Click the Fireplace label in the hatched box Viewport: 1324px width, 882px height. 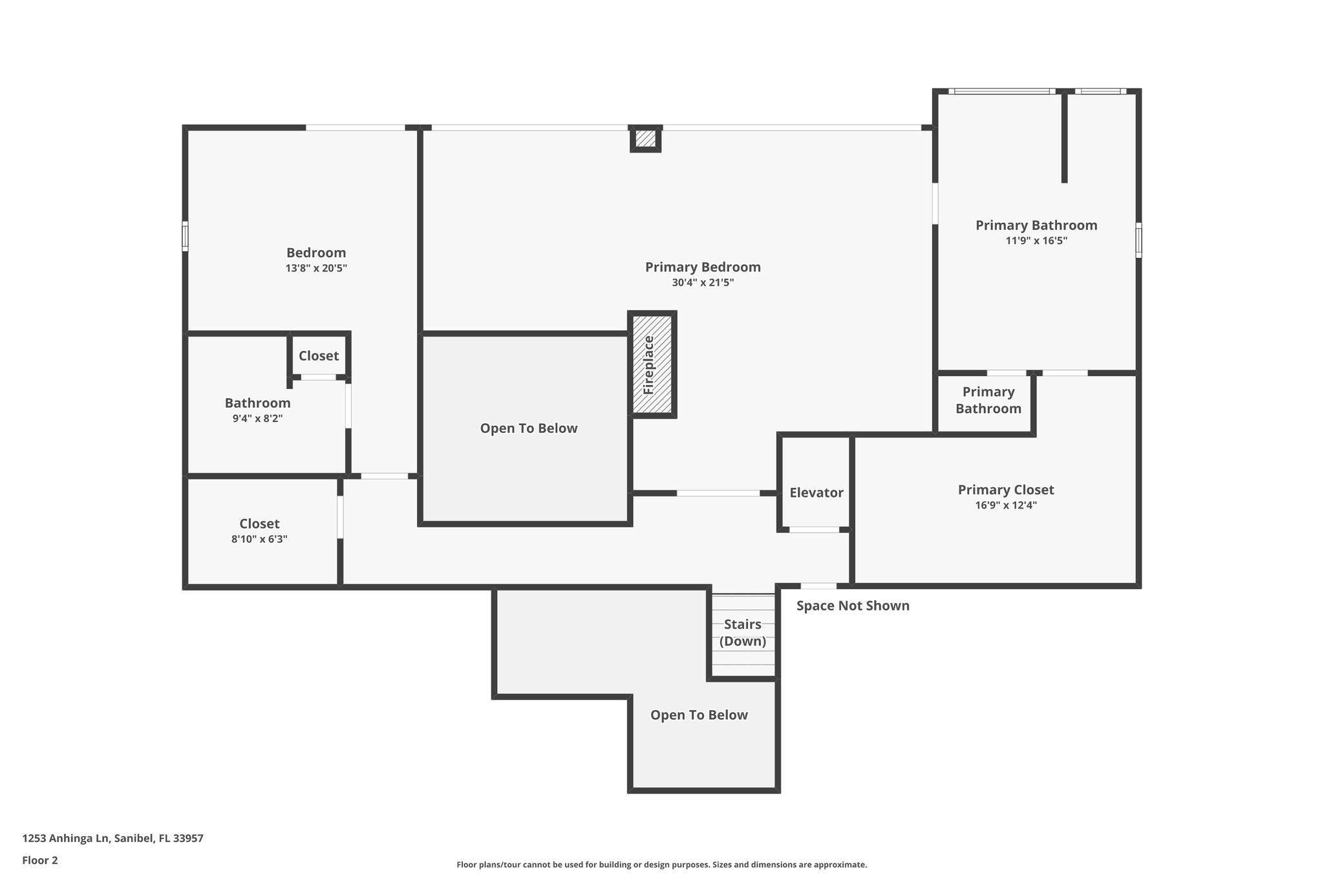(x=649, y=365)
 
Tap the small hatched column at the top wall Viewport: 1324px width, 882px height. (x=645, y=138)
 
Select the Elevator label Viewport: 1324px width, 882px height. (x=816, y=493)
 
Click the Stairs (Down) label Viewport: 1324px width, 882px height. (x=742, y=633)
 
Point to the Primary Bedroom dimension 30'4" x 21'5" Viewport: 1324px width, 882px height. (x=703, y=282)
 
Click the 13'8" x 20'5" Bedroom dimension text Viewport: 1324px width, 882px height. (x=316, y=268)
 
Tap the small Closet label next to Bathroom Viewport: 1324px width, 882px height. (x=318, y=356)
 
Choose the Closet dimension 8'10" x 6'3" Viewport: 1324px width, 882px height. (x=259, y=539)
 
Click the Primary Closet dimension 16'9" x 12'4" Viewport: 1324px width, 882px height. (x=1005, y=505)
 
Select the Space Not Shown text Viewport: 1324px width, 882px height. (x=852, y=606)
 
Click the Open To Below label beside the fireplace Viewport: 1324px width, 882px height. (x=528, y=428)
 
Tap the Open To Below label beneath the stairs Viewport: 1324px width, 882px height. (x=698, y=715)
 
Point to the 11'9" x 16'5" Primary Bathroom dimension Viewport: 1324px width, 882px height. (x=1036, y=241)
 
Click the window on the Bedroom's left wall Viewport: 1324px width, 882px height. (x=185, y=236)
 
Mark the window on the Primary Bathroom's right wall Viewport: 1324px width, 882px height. (x=1138, y=240)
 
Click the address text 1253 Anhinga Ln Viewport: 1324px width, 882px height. (x=112, y=839)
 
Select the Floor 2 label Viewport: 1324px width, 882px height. (x=39, y=861)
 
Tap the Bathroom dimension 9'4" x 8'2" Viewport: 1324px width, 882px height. (x=257, y=419)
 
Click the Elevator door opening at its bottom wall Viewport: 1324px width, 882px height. (x=814, y=530)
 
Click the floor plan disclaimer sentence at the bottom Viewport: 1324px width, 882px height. (x=661, y=865)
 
